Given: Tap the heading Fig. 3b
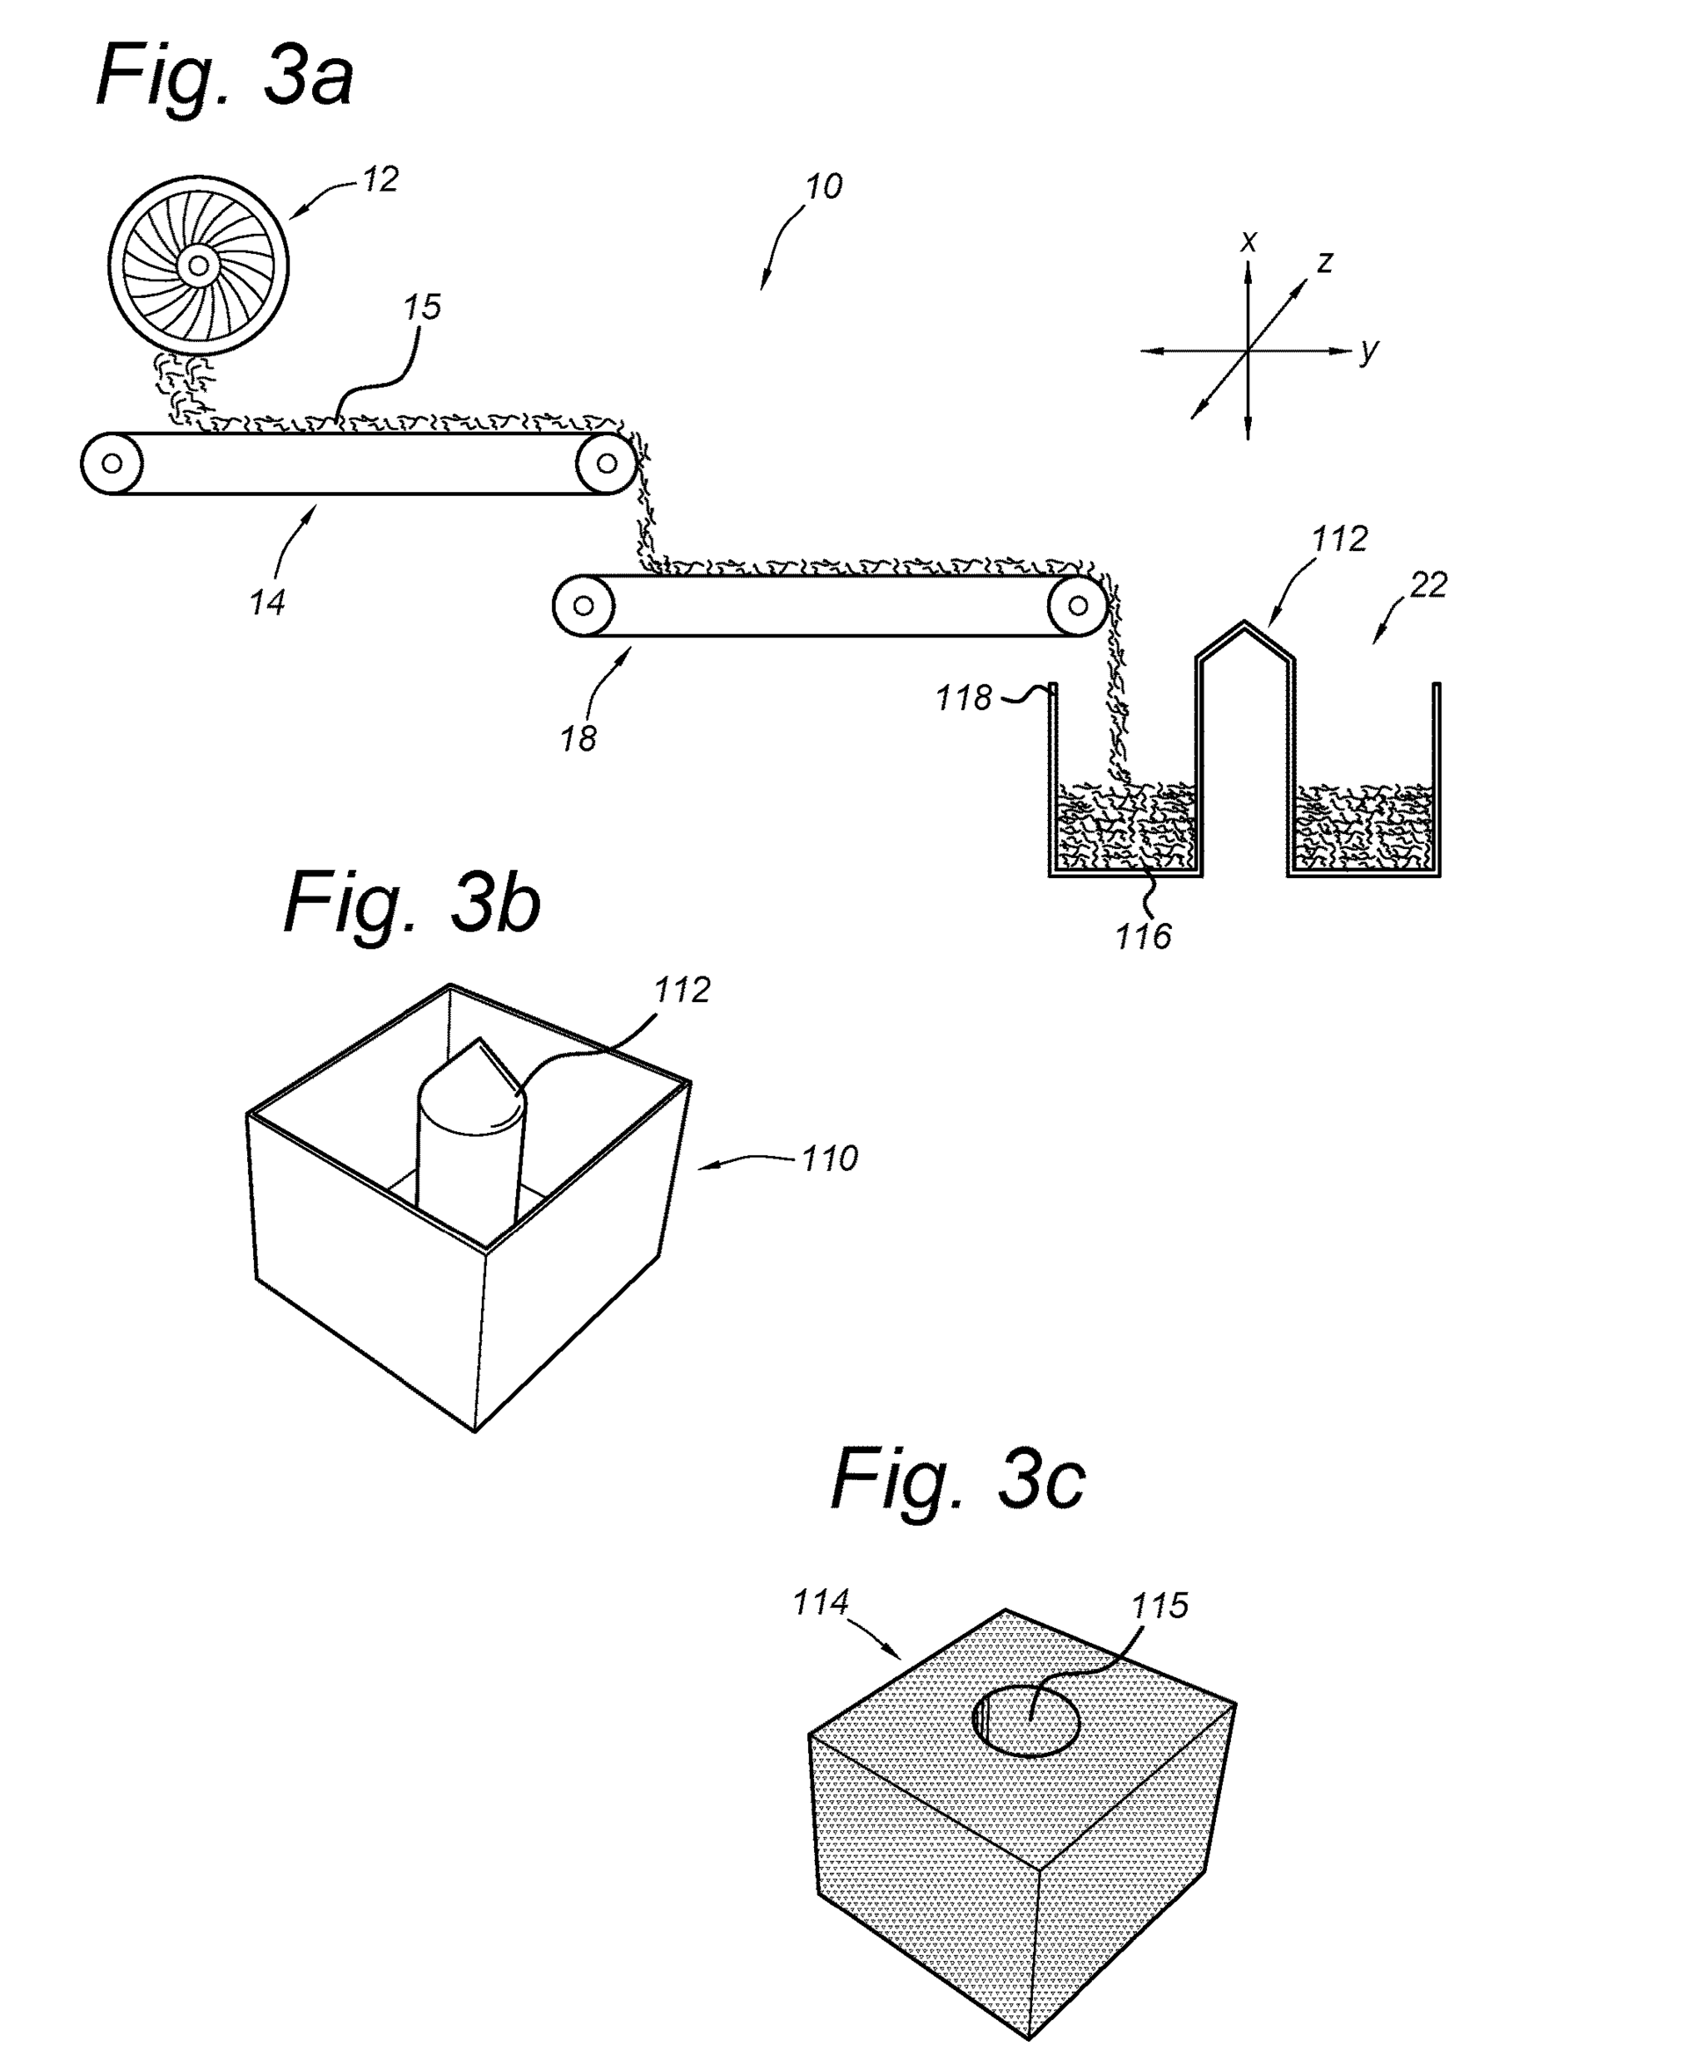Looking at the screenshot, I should click(412, 904).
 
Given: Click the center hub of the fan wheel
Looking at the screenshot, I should click(199, 265).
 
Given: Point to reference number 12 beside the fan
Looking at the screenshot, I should click(380, 180).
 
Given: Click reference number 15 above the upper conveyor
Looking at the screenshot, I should click(422, 308).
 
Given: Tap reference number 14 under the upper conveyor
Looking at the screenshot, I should click(266, 603).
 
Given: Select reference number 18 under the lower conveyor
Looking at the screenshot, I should click(578, 739).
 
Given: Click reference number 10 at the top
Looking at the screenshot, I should click(824, 186).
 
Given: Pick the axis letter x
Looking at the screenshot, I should click(1249, 241).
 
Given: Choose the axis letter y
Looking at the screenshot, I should click(1369, 349).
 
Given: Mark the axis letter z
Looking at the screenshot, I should click(1324, 262).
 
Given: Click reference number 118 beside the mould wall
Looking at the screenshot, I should click(964, 698).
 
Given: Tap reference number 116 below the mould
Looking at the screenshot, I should click(1144, 936).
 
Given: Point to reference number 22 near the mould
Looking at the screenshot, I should click(1429, 585).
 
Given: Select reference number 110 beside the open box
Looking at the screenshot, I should click(829, 1158).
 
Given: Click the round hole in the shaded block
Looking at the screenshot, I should click(1027, 1721).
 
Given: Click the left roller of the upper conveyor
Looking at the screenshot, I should click(112, 464).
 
